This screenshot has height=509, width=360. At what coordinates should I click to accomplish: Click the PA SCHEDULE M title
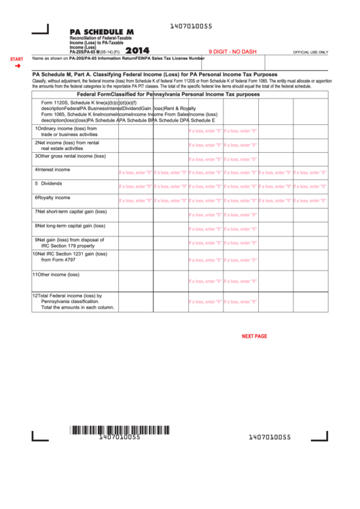click(x=101, y=32)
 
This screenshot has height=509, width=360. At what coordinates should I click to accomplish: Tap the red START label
click(x=16, y=60)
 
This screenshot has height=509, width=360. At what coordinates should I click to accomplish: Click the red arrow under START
click(x=18, y=66)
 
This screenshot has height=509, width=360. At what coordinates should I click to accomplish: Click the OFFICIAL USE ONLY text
click(x=310, y=52)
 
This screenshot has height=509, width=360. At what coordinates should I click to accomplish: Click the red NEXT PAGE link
click(x=254, y=336)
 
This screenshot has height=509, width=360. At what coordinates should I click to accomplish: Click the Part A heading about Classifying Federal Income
click(x=155, y=73)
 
